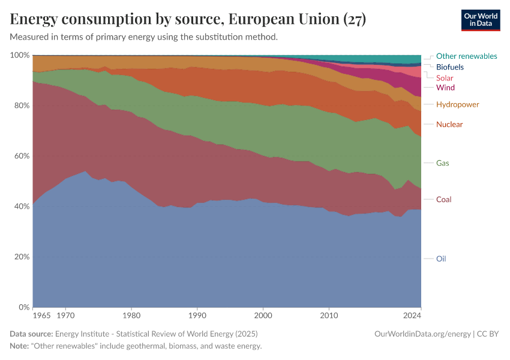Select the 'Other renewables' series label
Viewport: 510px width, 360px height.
(466, 56)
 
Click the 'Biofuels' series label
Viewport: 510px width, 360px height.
(449, 67)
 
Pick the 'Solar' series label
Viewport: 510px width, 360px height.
(445, 77)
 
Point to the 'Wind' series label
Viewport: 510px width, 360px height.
(445, 88)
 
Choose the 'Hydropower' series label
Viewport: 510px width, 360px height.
(457, 104)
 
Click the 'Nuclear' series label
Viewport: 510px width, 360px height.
(449, 124)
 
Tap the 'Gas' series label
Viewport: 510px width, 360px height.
(442, 163)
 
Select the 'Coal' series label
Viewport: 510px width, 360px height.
(443, 199)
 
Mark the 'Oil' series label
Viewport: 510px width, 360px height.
(441, 259)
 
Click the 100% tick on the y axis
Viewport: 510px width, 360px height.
(20, 55)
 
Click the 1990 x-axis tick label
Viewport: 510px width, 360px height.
(197, 315)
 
